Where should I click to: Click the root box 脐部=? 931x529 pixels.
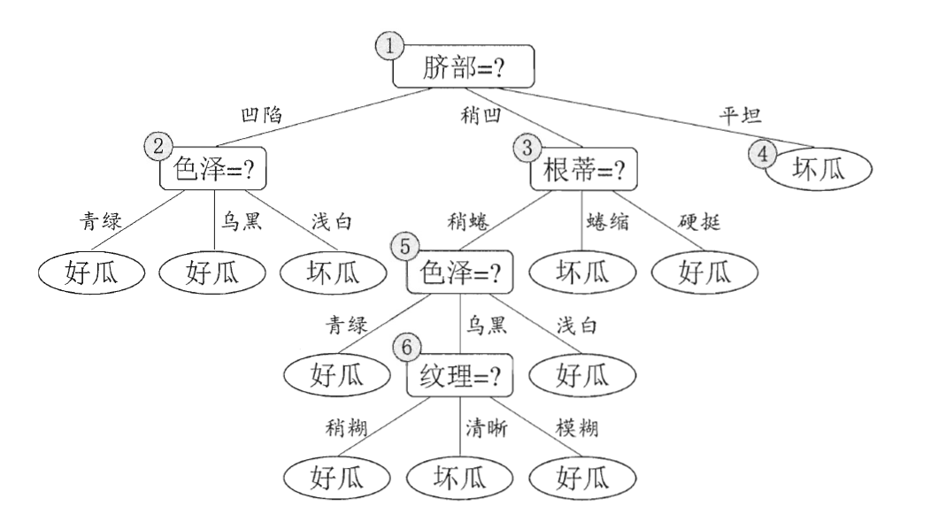(x=463, y=66)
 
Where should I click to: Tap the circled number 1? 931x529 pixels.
(x=389, y=46)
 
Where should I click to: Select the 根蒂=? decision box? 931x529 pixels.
(x=583, y=170)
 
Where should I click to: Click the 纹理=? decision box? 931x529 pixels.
(x=459, y=376)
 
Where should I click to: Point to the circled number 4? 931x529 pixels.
(x=763, y=154)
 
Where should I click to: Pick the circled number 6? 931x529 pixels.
(x=407, y=347)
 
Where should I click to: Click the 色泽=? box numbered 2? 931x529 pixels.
(x=212, y=169)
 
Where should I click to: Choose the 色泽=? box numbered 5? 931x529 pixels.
(x=459, y=272)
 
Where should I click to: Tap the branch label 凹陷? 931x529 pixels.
(x=261, y=115)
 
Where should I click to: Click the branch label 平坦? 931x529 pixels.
(x=741, y=115)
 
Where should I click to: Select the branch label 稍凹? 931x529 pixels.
(x=481, y=115)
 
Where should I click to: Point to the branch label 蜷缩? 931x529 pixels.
(x=608, y=221)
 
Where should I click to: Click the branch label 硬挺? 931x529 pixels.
(x=699, y=221)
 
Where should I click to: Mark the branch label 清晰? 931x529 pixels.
(x=487, y=427)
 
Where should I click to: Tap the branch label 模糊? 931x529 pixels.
(x=577, y=427)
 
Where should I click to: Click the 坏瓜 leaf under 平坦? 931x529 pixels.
(x=819, y=169)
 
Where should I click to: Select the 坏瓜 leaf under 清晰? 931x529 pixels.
(x=459, y=478)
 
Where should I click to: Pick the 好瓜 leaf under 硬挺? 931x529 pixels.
(x=704, y=272)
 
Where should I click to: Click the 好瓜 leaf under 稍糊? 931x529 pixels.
(x=336, y=478)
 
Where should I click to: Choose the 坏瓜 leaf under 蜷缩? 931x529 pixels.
(x=582, y=272)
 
